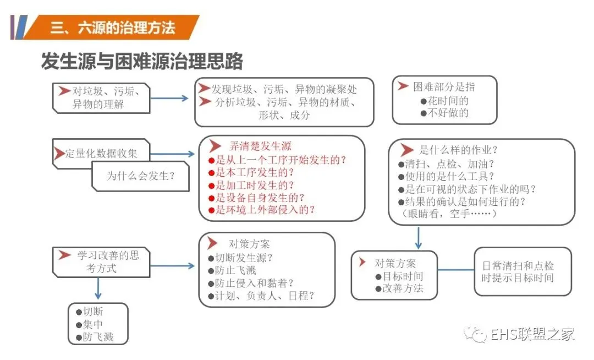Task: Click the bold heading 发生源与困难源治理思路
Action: click(142, 61)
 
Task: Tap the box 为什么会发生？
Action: click(141, 176)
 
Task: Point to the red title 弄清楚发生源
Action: click(260, 146)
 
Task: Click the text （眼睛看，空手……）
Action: click(450, 214)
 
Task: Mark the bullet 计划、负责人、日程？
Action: click(261, 296)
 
